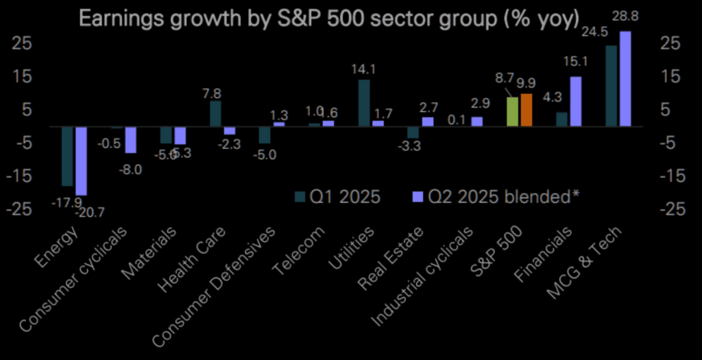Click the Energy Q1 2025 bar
[x=67, y=156]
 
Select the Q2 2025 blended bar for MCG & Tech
[x=625, y=79]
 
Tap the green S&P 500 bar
[x=512, y=112]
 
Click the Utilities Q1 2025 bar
[x=364, y=103]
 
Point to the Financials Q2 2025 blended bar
[x=575, y=101]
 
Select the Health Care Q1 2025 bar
[x=215, y=114]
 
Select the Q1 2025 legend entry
[x=337, y=197]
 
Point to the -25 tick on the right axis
[x=672, y=209]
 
